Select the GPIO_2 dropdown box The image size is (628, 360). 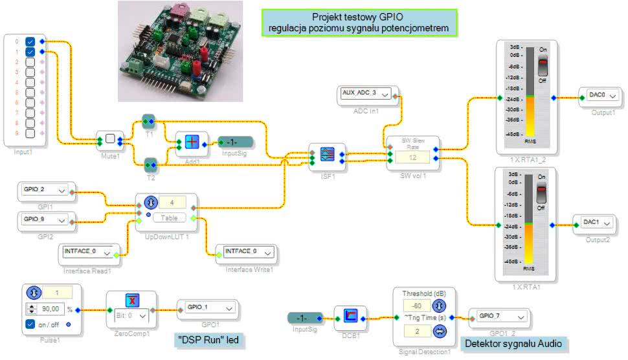coord(45,190)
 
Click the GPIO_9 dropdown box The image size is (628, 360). coord(45,219)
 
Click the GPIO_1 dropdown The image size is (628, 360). coord(208,307)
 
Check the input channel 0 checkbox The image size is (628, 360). coord(30,41)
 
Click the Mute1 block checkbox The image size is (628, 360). coord(109,139)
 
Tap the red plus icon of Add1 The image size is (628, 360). coord(192,143)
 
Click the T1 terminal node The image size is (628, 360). coord(150,120)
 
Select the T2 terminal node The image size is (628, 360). coord(150,163)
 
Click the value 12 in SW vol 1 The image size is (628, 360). coord(413,157)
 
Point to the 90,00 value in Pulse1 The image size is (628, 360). coord(50,309)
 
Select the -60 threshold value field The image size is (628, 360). coord(417,305)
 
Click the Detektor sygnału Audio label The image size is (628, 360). coord(513,343)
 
